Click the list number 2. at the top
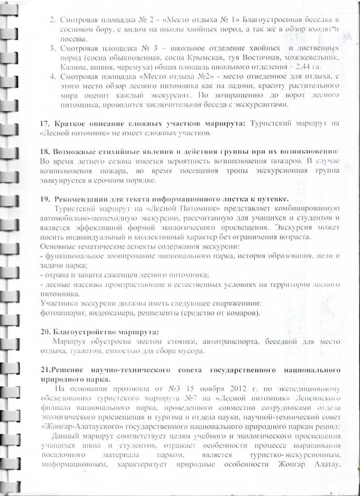tap(53, 20)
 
